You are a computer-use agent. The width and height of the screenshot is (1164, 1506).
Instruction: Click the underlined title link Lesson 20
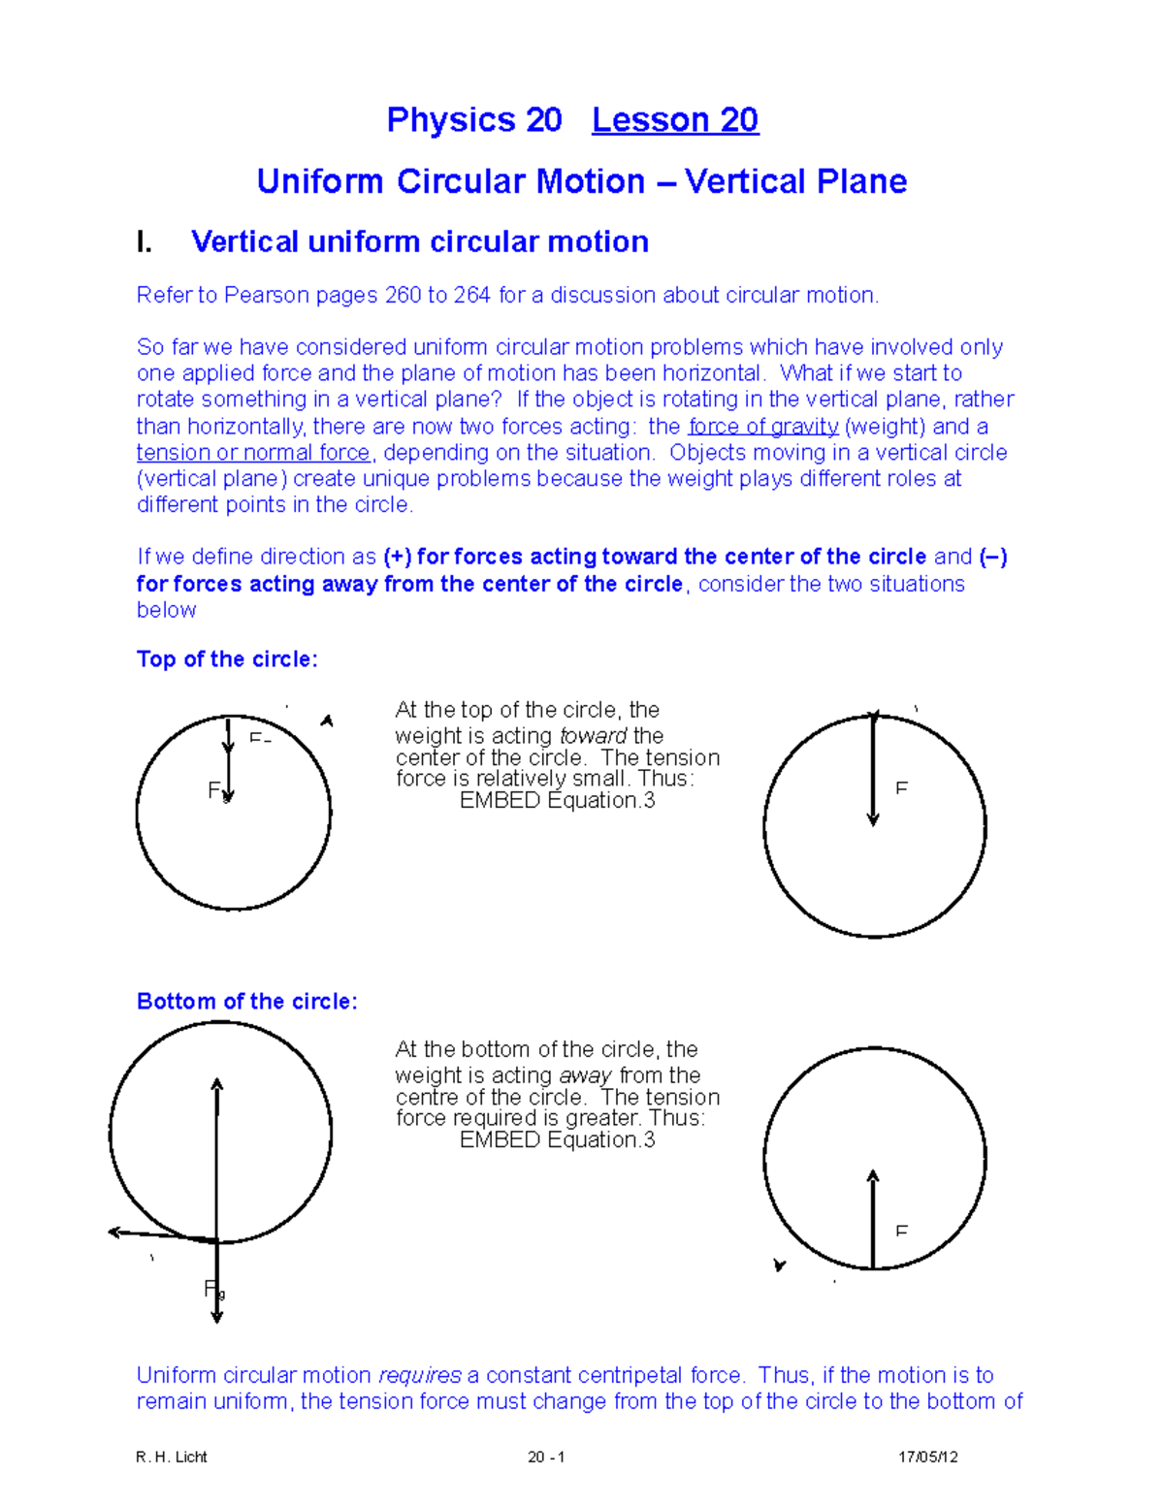(675, 120)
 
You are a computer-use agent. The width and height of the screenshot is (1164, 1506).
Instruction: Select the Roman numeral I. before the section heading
(145, 242)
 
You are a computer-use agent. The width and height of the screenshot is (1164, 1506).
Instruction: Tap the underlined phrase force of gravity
(763, 427)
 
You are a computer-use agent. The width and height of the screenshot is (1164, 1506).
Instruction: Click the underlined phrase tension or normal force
(253, 453)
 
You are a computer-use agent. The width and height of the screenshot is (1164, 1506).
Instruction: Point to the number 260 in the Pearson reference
(403, 296)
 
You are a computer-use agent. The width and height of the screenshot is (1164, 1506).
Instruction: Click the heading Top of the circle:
(227, 659)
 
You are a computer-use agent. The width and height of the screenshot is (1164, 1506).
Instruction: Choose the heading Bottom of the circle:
(246, 1002)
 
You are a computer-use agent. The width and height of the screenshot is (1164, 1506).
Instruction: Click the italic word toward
(593, 736)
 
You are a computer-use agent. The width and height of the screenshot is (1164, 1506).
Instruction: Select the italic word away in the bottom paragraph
(585, 1075)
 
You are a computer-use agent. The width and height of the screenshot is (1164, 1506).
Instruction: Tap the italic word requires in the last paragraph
(419, 1375)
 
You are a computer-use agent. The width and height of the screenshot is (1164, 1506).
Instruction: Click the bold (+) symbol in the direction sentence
(398, 558)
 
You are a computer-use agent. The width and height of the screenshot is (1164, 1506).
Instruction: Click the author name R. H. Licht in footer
(172, 1457)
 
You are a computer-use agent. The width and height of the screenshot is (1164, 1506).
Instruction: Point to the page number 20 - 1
(546, 1457)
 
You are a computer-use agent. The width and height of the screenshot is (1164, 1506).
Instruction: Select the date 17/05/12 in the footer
(927, 1457)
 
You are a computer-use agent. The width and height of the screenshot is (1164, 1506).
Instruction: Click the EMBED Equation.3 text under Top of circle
(557, 801)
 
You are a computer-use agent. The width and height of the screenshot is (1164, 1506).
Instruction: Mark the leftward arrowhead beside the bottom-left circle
(114, 1233)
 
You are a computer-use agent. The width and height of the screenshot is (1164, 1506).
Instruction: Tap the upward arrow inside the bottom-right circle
(873, 1218)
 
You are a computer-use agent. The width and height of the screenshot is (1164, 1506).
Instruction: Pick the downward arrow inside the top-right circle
(873, 771)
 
